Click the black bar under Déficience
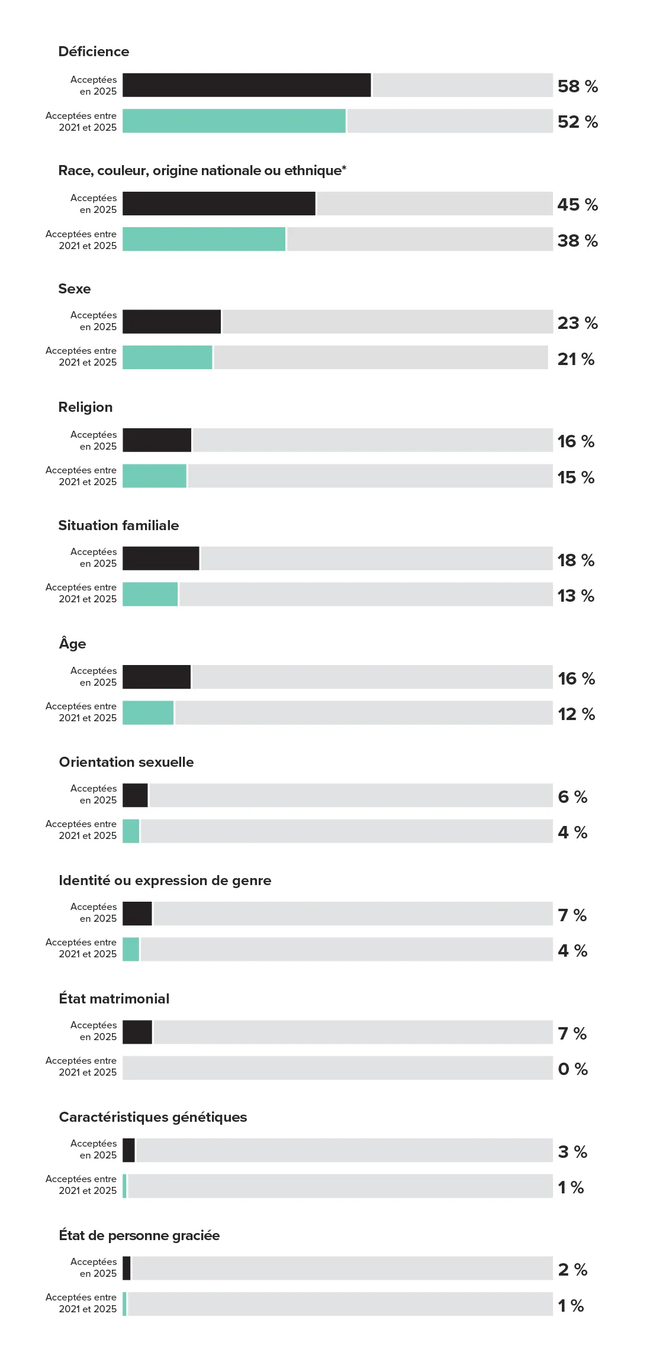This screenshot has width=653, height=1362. (x=246, y=85)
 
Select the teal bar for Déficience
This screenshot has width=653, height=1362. (x=234, y=121)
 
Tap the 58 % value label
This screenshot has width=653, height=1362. (x=577, y=86)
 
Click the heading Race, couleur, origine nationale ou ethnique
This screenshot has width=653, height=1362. (x=202, y=170)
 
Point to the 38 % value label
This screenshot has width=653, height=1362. (x=577, y=241)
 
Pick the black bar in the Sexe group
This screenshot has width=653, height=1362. (x=172, y=322)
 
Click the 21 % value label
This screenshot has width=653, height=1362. (x=575, y=359)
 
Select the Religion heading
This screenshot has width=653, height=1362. (x=85, y=407)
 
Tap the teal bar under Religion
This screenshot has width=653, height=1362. (x=155, y=476)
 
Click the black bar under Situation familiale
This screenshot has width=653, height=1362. (x=161, y=559)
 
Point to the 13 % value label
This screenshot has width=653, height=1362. (x=575, y=596)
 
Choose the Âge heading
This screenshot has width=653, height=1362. (x=72, y=644)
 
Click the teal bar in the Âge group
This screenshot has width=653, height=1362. (x=148, y=712)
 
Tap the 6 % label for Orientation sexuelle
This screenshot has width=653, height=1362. (x=572, y=797)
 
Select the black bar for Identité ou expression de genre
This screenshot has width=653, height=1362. (x=137, y=914)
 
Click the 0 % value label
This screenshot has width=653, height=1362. (x=572, y=1069)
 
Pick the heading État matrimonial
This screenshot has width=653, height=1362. (x=114, y=999)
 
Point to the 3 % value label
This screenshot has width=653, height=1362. (x=572, y=1152)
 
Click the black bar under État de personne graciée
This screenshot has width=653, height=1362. (x=127, y=1269)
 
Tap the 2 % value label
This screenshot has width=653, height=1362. (x=572, y=1270)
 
